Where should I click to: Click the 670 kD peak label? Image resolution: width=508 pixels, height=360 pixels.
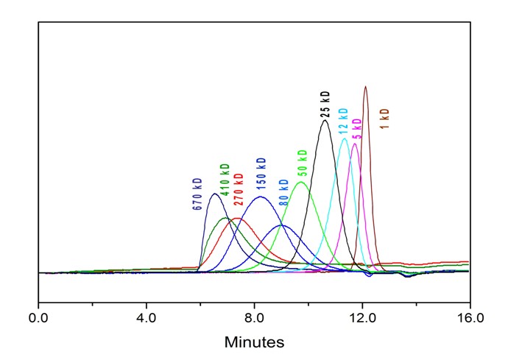[x=197, y=194]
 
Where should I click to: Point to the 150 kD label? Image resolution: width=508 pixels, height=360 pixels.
[x=261, y=174]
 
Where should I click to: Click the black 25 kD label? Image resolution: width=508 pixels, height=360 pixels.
[x=325, y=105]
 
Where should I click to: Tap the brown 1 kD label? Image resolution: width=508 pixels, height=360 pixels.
[x=384, y=119]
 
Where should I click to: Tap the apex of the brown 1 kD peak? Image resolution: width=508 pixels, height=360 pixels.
[x=365, y=87]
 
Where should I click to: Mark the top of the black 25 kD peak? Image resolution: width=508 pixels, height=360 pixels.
[x=325, y=121]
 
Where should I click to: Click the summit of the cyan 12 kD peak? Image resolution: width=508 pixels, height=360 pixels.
[x=344, y=138]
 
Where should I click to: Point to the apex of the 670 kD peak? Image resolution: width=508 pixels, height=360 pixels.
[x=214, y=194]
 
